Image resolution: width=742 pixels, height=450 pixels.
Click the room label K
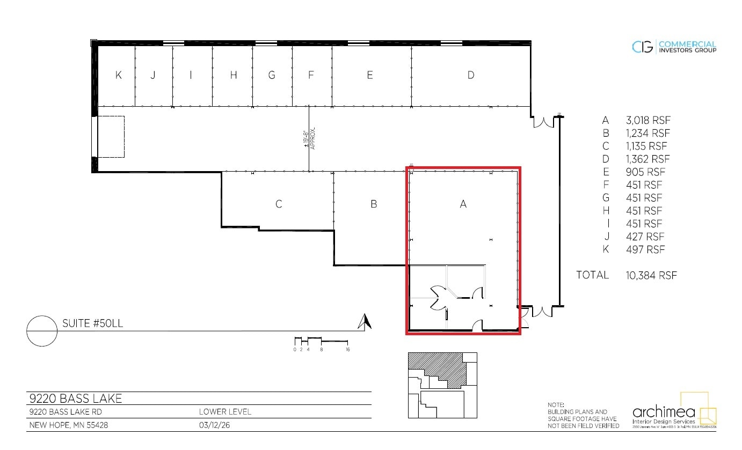(119, 75)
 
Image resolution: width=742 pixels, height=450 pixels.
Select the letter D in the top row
(471, 75)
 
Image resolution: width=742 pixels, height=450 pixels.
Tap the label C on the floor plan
(279, 204)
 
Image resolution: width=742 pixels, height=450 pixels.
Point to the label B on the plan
(374, 204)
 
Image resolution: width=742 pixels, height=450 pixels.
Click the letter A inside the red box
(463, 204)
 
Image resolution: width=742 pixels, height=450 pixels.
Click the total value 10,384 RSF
(651, 276)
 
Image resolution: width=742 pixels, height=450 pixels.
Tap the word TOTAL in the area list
(592, 275)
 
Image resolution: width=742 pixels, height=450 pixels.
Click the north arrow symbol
(365, 321)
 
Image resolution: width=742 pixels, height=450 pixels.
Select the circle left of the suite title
(42, 331)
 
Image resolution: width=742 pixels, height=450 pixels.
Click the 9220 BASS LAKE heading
(75, 399)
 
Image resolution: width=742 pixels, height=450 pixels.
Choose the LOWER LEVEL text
(225, 412)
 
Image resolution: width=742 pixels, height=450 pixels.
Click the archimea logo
(674, 414)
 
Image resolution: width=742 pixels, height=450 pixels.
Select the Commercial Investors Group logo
(674, 47)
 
